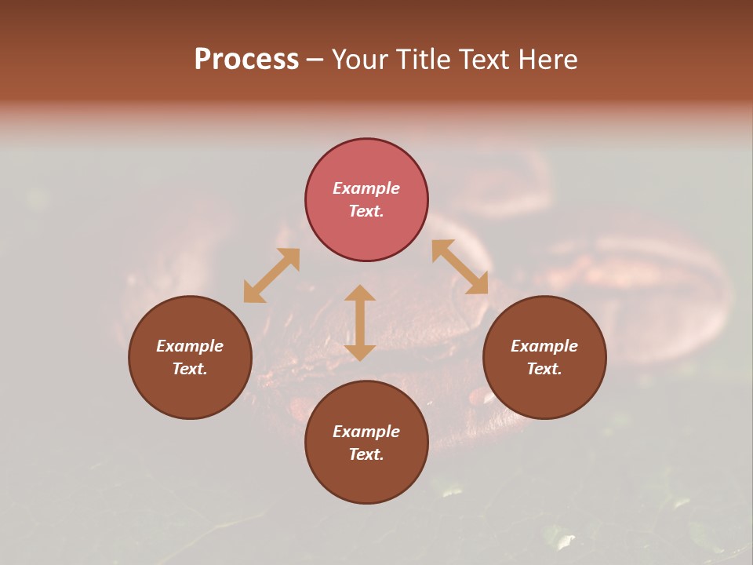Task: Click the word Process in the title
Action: tap(246, 60)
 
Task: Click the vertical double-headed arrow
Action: tap(360, 323)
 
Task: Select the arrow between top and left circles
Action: tap(271, 275)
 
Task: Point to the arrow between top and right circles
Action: tap(460, 267)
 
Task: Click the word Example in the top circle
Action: tap(366, 188)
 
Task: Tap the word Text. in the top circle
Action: tap(366, 211)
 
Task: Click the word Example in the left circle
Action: tap(190, 346)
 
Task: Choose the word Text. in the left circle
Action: tap(190, 369)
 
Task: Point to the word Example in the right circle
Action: tap(544, 346)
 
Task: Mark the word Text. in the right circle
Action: tap(544, 369)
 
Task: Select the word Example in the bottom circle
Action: tap(366, 432)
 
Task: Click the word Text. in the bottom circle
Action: tap(366, 454)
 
